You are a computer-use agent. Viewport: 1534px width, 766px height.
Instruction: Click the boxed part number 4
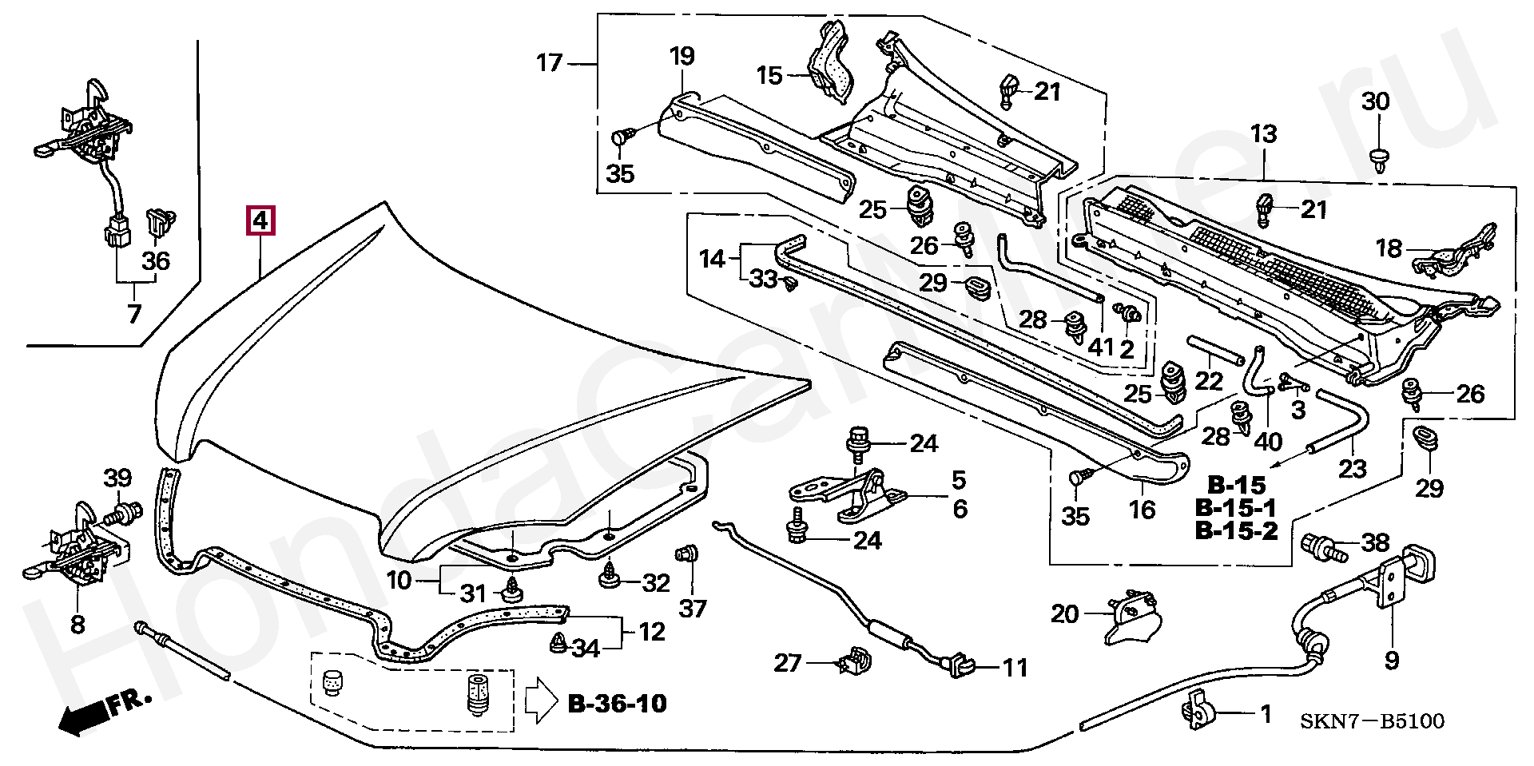point(261,220)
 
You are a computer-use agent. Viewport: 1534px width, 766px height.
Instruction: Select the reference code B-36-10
point(617,704)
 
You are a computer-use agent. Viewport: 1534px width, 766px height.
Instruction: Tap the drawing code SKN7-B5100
point(1372,721)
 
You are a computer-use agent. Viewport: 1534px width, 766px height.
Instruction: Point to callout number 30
point(1376,101)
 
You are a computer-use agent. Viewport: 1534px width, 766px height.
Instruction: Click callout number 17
point(550,62)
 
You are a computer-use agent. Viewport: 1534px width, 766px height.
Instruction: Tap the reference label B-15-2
point(1236,530)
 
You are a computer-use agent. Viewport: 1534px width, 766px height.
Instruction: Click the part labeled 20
point(1132,615)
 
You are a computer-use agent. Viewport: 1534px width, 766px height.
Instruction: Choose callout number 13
point(1264,133)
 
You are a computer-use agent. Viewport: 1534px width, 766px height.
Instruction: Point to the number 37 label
point(693,609)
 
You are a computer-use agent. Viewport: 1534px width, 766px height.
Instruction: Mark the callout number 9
point(1392,661)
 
